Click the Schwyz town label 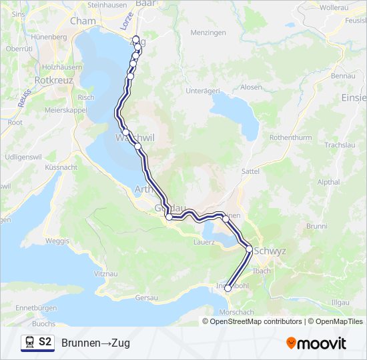(271, 251)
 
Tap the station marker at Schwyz (250, 249)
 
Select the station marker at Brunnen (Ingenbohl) (228, 288)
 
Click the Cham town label (83, 21)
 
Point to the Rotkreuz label (53, 79)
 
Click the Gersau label (146, 297)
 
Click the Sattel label (250, 171)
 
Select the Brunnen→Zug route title (95, 343)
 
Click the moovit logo (316, 343)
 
